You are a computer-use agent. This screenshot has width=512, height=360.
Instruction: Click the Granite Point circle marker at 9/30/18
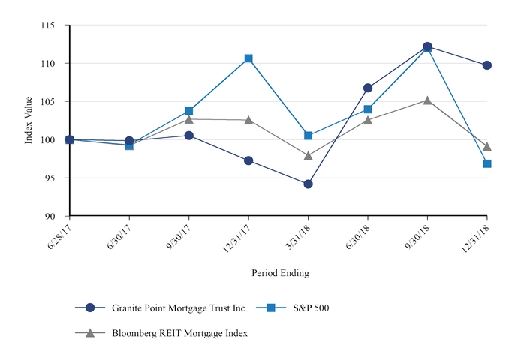[427, 46]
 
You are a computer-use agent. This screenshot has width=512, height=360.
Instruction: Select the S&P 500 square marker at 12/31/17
[248, 58]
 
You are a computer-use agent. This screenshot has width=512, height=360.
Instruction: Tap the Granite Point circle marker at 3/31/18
[308, 184]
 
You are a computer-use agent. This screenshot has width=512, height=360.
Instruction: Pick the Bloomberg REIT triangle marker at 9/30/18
[427, 100]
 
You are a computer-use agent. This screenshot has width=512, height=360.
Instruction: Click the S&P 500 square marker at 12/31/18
[487, 163]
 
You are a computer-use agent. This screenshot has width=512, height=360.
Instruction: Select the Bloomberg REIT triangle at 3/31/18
[308, 155]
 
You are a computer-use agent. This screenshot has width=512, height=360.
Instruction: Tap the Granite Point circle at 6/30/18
[368, 88]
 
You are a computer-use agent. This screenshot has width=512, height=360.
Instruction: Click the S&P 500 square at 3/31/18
[308, 136]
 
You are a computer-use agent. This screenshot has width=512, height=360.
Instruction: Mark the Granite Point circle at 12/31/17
[248, 160]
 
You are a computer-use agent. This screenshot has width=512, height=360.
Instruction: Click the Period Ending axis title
[280, 273]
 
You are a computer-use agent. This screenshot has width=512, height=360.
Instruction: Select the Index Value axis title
[29, 120]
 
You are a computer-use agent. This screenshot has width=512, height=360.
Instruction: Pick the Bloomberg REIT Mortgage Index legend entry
[179, 333]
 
